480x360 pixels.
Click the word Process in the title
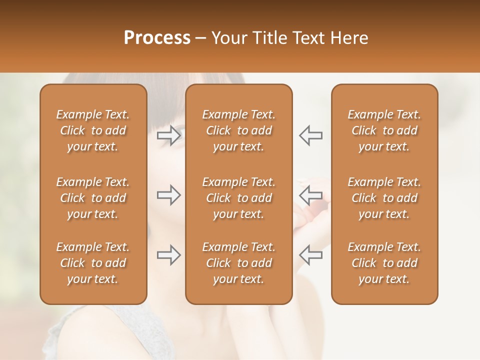[157, 38]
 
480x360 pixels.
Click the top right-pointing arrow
[169, 135]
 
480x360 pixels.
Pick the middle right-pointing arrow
[169, 195]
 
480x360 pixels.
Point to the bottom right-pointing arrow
[169, 255]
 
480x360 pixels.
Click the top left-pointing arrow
[310, 135]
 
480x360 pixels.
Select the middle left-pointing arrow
[310, 195]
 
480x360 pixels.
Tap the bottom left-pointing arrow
[310, 255]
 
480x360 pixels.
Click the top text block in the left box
[93, 130]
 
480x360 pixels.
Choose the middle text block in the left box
[93, 198]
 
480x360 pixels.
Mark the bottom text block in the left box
[93, 263]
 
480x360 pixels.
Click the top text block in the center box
[238, 130]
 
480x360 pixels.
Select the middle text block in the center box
[238, 198]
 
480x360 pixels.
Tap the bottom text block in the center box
[238, 263]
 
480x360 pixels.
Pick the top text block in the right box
[384, 130]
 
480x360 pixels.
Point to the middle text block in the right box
[384, 198]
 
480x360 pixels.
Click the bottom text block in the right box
[384, 263]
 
